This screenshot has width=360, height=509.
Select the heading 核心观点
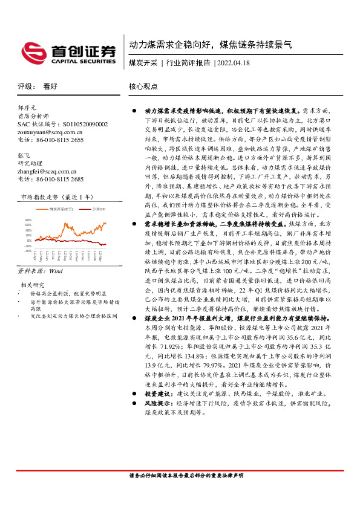click(x=143, y=86)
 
